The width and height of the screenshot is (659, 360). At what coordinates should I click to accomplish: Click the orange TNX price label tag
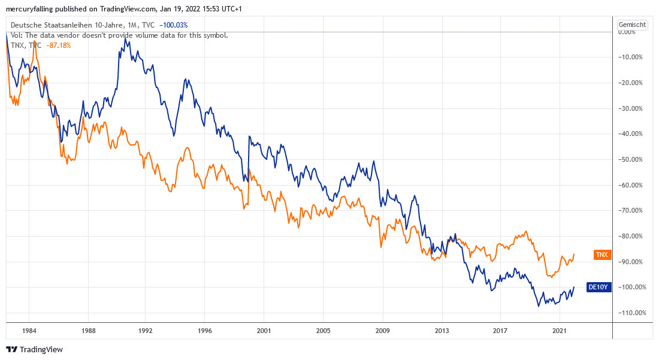(x=602, y=255)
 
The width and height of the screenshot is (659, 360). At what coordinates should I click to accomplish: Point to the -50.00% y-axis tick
(x=630, y=159)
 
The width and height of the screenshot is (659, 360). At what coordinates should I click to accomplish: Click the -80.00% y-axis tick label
(x=630, y=236)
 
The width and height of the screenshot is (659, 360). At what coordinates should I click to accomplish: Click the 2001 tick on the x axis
(x=264, y=331)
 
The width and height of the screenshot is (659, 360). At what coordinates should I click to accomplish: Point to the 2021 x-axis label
(x=560, y=331)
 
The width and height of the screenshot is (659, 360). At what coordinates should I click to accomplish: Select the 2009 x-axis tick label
(x=382, y=331)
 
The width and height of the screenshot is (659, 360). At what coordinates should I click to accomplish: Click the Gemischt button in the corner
(x=633, y=25)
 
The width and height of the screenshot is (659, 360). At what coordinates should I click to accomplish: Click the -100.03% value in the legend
(x=174, y=25)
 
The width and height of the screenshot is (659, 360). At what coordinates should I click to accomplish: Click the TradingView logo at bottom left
(x=34, y=349)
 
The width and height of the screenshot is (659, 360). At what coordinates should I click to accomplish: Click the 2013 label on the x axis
(x=442, y=331)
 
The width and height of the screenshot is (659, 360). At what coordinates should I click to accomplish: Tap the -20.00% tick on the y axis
(x=630, y=83)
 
